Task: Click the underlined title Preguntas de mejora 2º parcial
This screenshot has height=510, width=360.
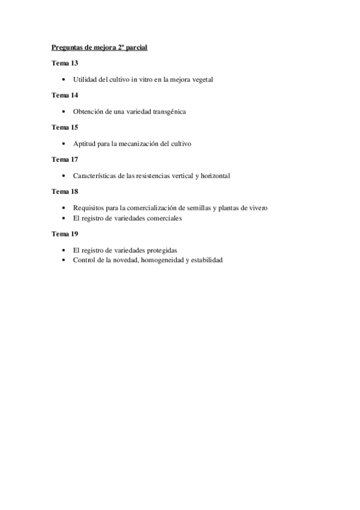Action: pos(99,47)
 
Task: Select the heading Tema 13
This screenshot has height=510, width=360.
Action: pos(65,63)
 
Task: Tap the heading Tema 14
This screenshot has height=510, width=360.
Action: pos(65,95)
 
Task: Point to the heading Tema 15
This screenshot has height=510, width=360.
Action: pos(65,127)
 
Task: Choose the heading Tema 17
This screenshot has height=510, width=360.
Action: pos(65,159)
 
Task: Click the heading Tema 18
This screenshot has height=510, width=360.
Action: pos(65,191)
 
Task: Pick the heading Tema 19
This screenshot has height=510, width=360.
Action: pos(65,234)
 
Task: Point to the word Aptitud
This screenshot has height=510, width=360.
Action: pos(84,144)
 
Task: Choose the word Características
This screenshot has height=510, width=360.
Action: pos(93,176)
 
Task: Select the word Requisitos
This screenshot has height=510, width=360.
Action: pos(88,208)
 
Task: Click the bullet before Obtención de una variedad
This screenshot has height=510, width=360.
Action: pos(64,112)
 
